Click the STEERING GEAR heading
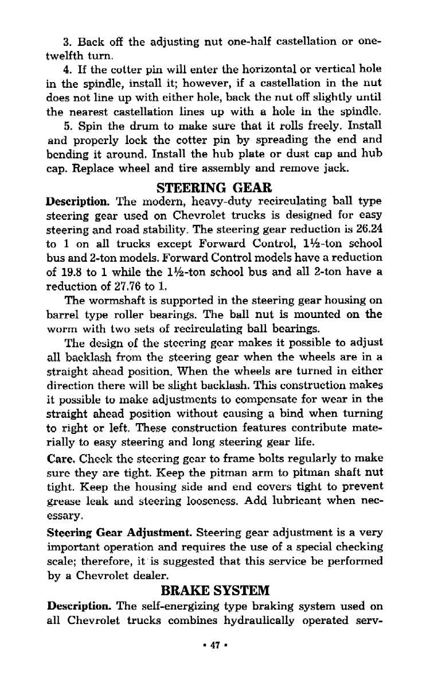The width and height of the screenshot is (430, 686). (214, 188)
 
